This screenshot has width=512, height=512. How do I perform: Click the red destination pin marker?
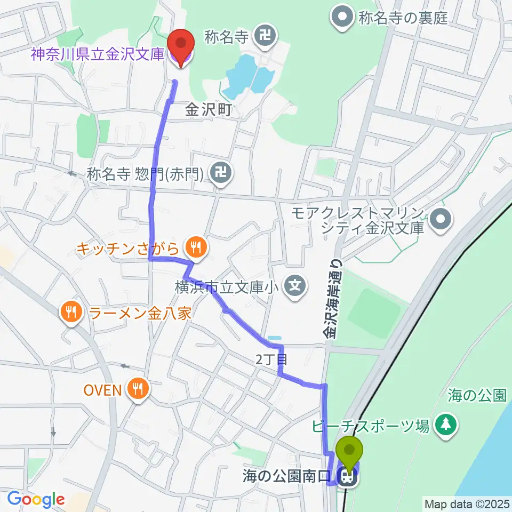180,45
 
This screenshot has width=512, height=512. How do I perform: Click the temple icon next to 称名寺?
263,36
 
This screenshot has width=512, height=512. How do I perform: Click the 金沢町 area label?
209,110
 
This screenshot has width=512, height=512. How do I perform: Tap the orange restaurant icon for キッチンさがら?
195,247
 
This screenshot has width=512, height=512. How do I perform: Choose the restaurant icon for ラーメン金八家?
71,311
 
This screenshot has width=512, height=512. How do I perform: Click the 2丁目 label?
268,360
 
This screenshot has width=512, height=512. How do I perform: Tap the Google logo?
36,500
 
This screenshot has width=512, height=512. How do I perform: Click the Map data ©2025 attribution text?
467,503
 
